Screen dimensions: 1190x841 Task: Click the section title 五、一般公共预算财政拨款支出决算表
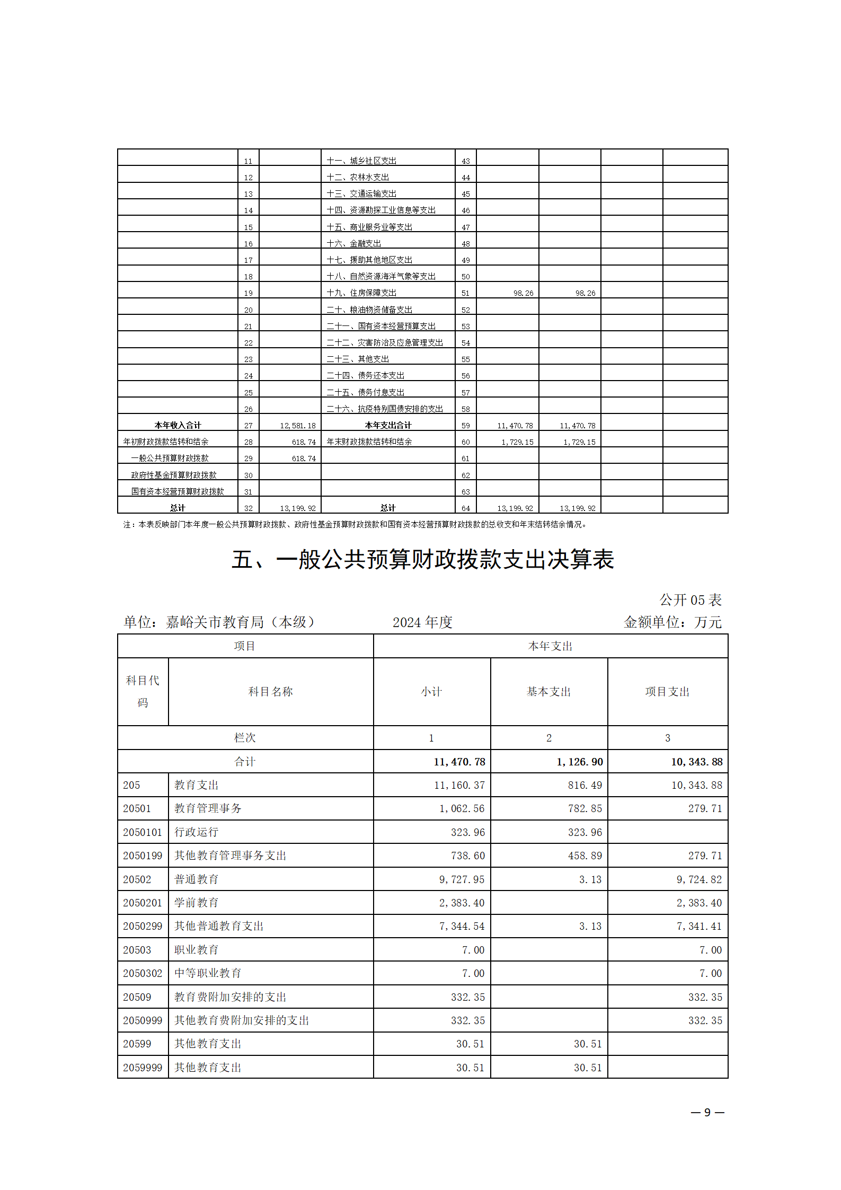coord(422,560)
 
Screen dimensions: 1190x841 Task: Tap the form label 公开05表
coord(690,600)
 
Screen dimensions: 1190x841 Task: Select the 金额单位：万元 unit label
coord(672,622)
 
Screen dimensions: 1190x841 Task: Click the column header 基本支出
coord(548,692)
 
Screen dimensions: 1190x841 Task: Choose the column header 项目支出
coord(667,692)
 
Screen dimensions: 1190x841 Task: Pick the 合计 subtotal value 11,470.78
coord(459,762)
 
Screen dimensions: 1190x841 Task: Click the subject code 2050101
coord(143,832)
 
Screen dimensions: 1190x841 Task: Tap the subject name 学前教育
coord(196,903)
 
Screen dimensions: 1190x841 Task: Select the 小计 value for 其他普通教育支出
coord(462,926)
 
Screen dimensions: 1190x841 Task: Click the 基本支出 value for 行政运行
coord(585,832)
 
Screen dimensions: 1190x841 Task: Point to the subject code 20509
coord(137,997)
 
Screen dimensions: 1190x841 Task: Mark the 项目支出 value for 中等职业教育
coord(710,973)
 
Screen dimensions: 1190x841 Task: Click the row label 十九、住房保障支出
coord(361,293)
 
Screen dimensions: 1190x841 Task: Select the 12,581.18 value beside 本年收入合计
coord(297,426)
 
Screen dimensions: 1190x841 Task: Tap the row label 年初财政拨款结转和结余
coord(165,442)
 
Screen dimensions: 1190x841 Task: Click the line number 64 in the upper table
coord(465,508)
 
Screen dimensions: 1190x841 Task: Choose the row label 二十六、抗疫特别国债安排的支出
coord(385,409)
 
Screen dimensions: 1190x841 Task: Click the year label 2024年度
coord(422,622)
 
